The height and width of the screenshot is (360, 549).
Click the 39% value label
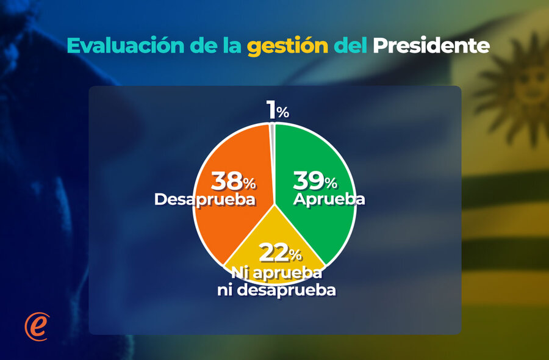[x=315, y=181]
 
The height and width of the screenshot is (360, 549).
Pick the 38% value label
[x=233, y=181]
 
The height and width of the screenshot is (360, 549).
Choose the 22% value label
[x=280, y=253]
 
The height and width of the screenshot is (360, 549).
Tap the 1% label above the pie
[x=278, y=110]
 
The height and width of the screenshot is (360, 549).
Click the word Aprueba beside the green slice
[x=329, y=200]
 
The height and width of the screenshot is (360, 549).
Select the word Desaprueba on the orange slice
[x=205, y=200]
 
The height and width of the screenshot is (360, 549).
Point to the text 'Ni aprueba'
[x=276, y=273]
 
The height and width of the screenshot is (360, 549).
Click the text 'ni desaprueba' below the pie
[x=276, y=290]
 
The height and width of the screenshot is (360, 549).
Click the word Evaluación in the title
[x=125, y=46]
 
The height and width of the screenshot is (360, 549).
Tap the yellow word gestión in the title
[x=287, y=46]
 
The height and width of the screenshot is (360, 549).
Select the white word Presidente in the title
[x=431, y=46]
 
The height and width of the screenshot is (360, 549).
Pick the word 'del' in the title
[x=350, y=46]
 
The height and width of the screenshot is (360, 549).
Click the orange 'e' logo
[x=37, y=326]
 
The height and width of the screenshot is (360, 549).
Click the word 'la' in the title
[x=232, y=46]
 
